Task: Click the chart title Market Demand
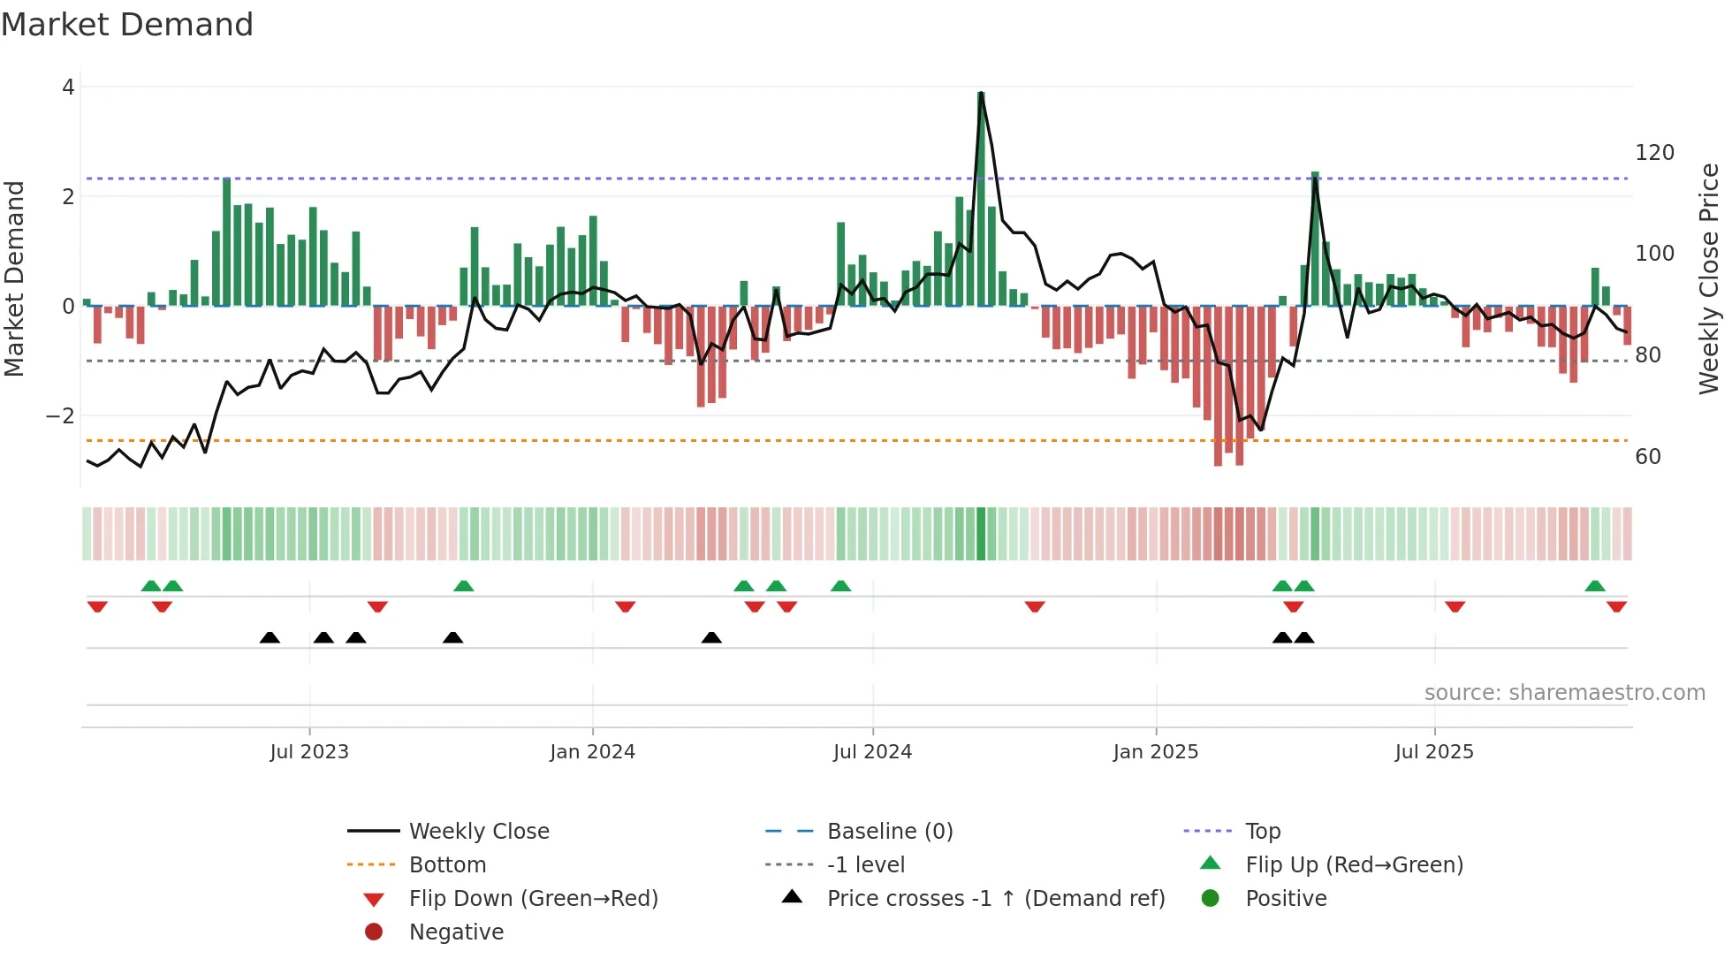(127, 25)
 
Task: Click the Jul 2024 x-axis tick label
(872, 752)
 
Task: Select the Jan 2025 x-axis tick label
(1155, 752)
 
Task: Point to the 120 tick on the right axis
(1654, 153)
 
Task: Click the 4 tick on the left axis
(68, 88)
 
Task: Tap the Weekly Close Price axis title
(1709, 278)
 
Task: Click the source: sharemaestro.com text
(1564, 693)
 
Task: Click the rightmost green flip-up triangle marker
(1595, 586)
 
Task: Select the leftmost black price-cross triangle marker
(270, 638)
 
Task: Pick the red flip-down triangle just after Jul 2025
(1455, 606)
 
